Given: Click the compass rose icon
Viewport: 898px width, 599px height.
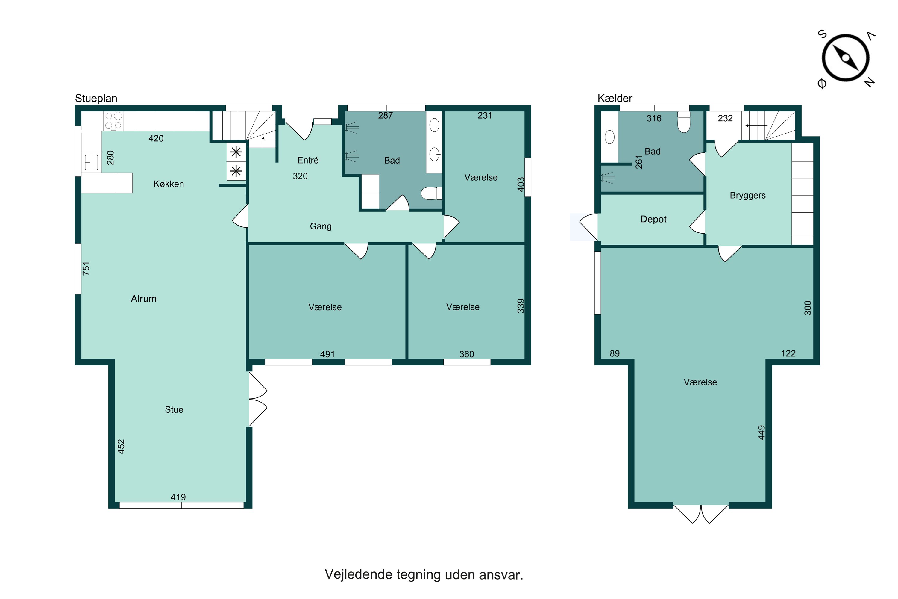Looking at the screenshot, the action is (x=845, y=58).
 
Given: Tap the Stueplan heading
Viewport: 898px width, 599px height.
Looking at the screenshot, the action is (x=96, y=99).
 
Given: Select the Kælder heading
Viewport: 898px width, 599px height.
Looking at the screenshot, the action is (x=615, y=99).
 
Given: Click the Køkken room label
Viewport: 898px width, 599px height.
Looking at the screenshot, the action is (x=169, y=184).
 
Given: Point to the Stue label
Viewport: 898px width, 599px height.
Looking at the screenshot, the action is (x=174, y=409).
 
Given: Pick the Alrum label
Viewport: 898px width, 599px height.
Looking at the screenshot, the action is (x=144, y=299).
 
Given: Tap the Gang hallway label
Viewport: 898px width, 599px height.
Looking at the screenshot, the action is (x=321, y=226).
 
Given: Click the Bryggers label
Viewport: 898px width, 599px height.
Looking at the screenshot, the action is (x=747, y=196).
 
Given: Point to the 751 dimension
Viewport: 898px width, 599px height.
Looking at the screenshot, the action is (x=86, y=269).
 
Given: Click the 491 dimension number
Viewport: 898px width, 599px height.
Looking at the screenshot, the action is (x=327, y=354).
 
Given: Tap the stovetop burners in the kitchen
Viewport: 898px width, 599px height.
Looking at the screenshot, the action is (x=113, y=120).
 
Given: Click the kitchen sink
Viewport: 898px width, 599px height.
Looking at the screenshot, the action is (x=92, y=162).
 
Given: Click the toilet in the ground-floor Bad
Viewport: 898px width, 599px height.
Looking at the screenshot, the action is (x=431, y=193).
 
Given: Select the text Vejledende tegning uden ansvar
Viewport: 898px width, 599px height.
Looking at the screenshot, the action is (x=424, y=574).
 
